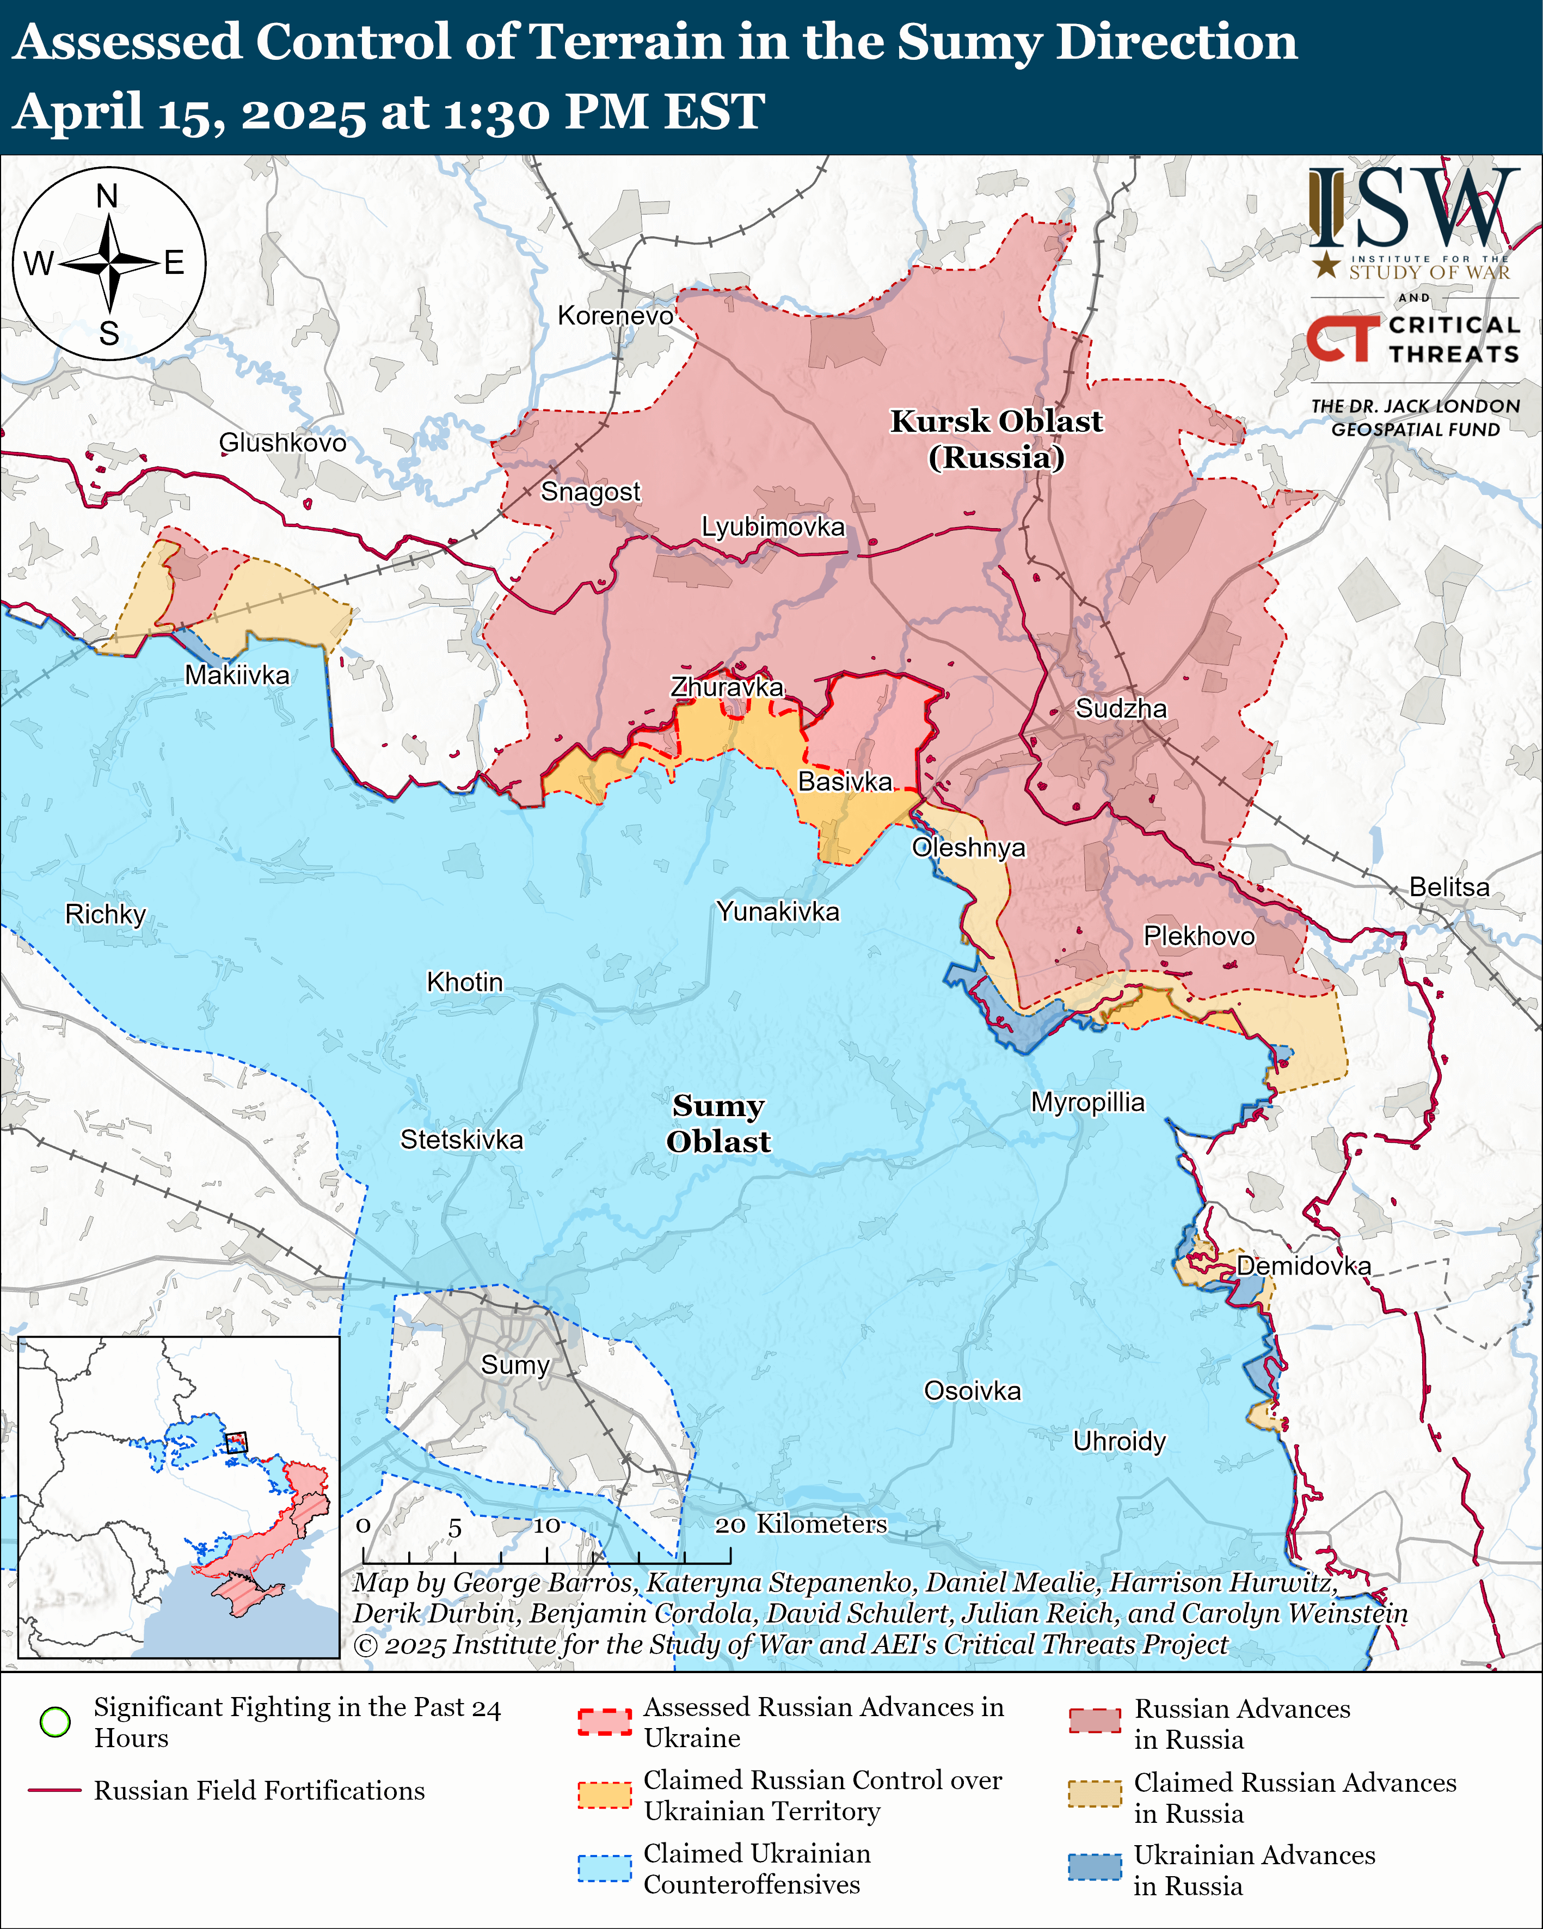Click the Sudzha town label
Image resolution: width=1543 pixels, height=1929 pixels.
(1120, 709)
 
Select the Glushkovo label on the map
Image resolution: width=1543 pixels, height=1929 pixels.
(282, 443)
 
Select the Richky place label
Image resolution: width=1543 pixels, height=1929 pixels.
(106, 914)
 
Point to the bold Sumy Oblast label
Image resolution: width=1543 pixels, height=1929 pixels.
(718, 1124)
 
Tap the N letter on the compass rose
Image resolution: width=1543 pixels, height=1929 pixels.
(107, 196)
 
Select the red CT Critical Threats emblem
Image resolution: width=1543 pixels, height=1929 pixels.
(1342, 339)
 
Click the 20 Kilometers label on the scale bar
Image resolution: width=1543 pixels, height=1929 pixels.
(801, 1524)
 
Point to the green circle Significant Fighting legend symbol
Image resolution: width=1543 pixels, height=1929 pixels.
(56, 1722)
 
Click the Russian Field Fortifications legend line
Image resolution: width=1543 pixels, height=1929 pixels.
(56, 1790)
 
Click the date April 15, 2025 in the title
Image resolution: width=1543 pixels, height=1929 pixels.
(189, 112)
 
